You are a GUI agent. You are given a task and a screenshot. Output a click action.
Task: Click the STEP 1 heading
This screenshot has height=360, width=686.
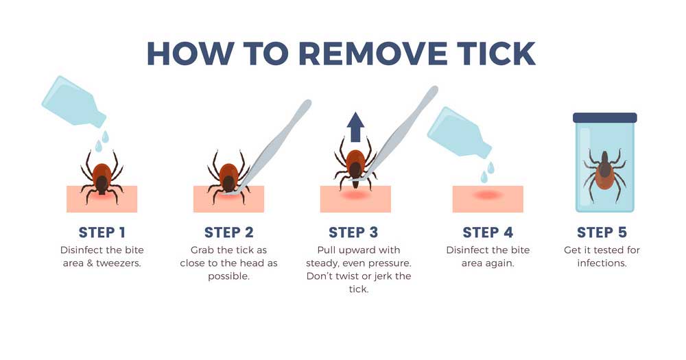click(102, 232)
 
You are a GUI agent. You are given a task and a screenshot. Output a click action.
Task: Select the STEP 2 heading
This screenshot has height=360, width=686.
click(229, 232)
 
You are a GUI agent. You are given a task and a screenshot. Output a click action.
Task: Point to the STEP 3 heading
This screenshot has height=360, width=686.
click(353, 232)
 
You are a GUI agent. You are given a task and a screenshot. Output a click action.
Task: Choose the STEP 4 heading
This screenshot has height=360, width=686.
click(488, 232)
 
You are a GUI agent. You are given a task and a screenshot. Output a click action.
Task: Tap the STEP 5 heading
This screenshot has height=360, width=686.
click(602, 232)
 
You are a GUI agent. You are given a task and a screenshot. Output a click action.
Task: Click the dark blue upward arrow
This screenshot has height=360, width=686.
click(355, 127)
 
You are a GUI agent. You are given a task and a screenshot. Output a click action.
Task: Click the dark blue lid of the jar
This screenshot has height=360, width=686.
click(605, 118)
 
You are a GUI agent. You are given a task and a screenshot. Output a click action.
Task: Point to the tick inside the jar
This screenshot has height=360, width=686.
click(604, 171)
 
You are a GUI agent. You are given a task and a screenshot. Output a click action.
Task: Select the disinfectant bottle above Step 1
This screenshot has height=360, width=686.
click(73, 101)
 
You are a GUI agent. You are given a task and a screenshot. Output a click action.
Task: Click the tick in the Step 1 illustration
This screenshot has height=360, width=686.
click(102, 177)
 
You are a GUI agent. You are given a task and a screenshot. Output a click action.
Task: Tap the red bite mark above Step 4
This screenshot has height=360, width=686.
click(488, 195)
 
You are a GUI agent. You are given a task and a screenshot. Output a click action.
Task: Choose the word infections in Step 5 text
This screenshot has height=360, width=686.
click(602, 263)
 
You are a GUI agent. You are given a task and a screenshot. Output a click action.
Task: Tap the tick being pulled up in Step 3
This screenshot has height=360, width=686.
click(355, 163)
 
